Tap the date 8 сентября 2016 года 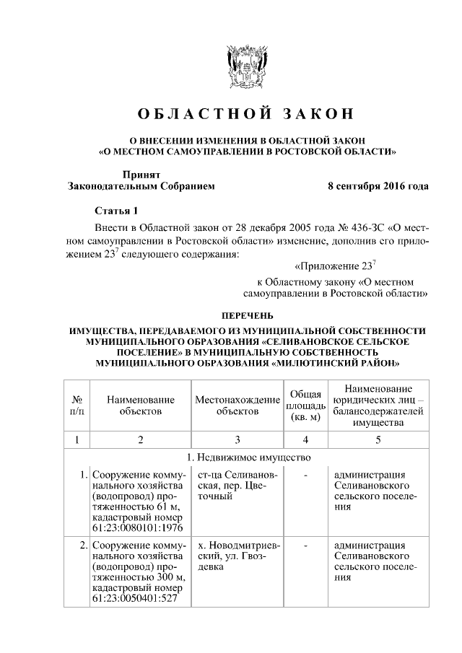(378, 185)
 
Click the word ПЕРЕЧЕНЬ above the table (246, 315)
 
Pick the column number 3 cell (237, 439)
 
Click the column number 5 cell (378, 439)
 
